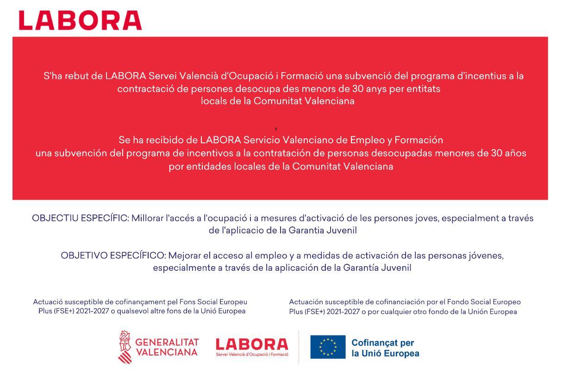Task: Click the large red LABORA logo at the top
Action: [80, 20]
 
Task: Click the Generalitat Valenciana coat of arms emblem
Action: [125, 347]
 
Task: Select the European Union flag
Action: [328, 347]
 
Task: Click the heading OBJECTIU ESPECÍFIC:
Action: [81, 218]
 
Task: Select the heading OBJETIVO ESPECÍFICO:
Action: [113, 256]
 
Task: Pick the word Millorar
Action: [148, 218]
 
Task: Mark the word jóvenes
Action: [486, 256]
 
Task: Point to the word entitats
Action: [423, 88]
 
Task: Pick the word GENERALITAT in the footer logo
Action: [167, 342]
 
